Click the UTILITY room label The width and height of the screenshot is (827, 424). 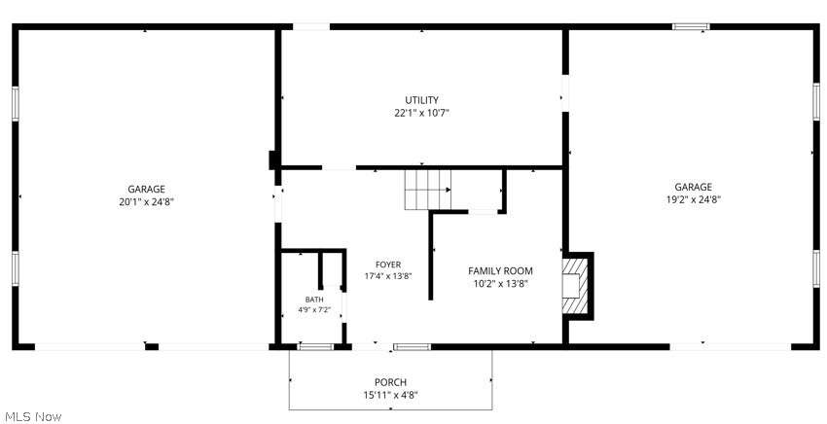click(x=421, y=99)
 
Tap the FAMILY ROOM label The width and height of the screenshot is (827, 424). click(x=500, y=271)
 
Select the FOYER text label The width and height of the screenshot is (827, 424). click(x=388, y=265)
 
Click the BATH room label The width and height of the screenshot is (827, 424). click(x=314, y=300)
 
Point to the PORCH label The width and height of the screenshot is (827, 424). click(x=390, y=382)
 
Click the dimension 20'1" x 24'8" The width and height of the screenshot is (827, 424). click(x=146, y=201)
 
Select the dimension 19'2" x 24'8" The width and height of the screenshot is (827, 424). click(x=694, y=199)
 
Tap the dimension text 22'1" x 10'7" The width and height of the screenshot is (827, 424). click(x=421, y=113)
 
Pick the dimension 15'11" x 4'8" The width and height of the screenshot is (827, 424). click(x=390, y=395)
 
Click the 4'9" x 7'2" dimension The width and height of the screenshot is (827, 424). click(x=314, y=310)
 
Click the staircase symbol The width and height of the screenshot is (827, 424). click(x=428, y=190)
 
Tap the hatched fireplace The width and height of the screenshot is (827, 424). click(x=575, y=286)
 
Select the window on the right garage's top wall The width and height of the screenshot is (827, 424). click(x=691, y=26)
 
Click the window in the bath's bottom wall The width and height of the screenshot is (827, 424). click(x=315, y=346)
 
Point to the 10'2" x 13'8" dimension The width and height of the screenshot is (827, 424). click(x=500, y=284)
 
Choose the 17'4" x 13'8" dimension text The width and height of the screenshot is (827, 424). click(x=388, y=276)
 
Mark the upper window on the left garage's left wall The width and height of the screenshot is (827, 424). click(x=16, y=103)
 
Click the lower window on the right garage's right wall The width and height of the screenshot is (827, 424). click(x=816, y=268)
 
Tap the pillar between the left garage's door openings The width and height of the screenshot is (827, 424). click(x=152, y=346)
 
